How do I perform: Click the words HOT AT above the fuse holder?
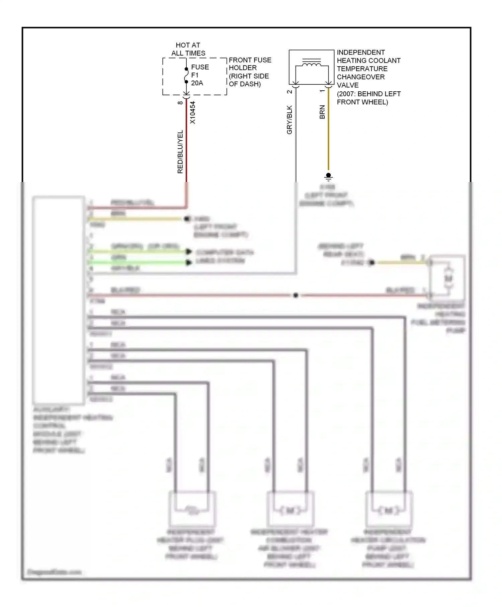(188, 45)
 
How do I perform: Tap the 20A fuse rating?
(197, 83)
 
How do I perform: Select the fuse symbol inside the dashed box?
(186, 76)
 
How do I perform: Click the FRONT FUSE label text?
(250, 60)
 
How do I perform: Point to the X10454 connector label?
(192, 113)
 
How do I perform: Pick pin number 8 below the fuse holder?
(180, 103)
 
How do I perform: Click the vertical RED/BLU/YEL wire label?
(180, 152)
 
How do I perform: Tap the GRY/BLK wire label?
(289, 120)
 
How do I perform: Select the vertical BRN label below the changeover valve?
(322, 112)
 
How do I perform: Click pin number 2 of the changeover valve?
(289, 92)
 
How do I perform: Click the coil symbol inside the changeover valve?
(312, 64)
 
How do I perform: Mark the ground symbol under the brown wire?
(328, 176)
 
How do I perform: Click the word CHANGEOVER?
(360, 77)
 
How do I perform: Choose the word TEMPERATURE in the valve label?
(362, 69)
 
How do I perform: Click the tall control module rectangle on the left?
(59, 299)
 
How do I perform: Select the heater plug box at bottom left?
(192, 509)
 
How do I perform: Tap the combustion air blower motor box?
(290, 509)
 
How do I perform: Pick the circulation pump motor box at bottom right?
(389, 509)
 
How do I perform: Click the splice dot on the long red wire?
(296, 295)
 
